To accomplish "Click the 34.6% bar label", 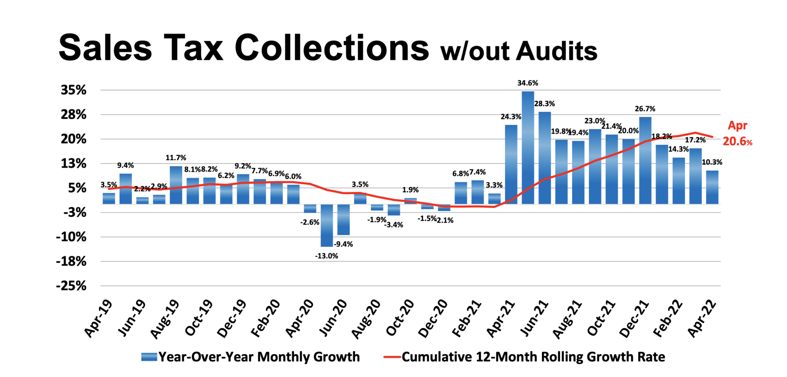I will pos(528,83).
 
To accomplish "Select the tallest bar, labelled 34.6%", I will pos(528,148).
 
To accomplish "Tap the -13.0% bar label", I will pos(326,256).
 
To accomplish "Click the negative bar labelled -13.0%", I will pos(327,225).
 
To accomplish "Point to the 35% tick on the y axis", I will pos(74,90).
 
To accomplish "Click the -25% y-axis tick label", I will pos(71,286).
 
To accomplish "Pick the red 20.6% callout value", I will pos(737,141).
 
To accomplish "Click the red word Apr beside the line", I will pos(737,125).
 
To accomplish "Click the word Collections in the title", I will pos(332,48).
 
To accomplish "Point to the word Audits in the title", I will pos(556,52).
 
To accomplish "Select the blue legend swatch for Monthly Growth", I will pos(149,357).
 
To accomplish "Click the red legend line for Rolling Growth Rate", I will pos(392,357).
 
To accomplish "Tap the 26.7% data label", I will pos(645,109).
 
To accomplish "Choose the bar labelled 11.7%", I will pos(176,185).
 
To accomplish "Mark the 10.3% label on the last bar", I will pos(712,162).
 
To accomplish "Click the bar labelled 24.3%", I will pos(511,164).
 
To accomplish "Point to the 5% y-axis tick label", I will pos(77,188).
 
